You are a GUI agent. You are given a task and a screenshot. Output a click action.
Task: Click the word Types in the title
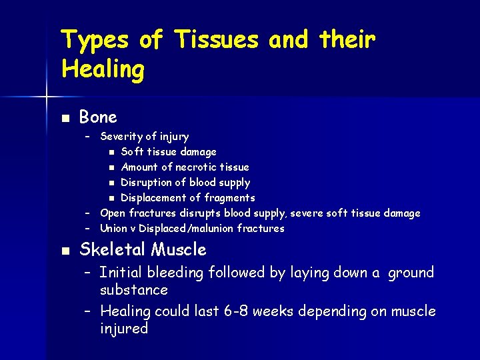pos(94,41)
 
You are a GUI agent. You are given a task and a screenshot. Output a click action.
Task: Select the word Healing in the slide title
pos(102,69)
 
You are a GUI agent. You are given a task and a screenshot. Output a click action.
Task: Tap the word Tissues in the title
pos(217,41)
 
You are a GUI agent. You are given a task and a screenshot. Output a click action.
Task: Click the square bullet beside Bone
pos(64,118)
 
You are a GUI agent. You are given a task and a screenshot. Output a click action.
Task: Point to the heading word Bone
pos(98,117)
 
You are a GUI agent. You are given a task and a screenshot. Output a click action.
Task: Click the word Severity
pos(121,137)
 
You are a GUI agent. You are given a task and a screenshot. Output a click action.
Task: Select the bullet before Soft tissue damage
pos(113,152)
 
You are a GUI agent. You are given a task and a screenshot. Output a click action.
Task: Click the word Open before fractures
pos(113,213)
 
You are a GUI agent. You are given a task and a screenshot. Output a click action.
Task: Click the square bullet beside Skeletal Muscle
pos(64,251)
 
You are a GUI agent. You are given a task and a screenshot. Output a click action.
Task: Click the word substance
pos(133,290)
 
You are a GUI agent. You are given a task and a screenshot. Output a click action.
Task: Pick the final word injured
pos(123,329)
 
